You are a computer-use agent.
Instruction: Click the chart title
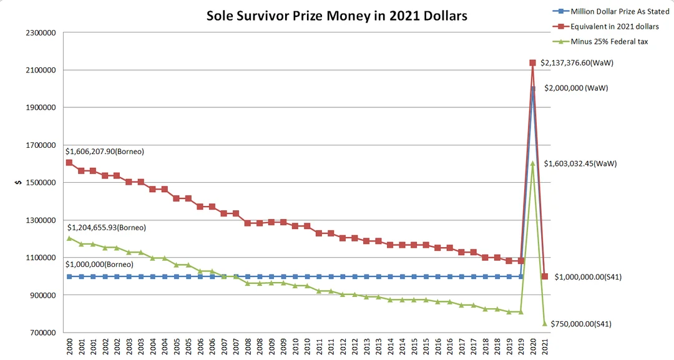pyautogui.click(x=337, y=16)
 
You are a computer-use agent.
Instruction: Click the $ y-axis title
pyautogui.click(x=18, y=183)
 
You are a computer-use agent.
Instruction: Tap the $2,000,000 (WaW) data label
pyautogui.click(x=576, y=88)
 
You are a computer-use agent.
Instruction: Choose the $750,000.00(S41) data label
pyautogui.click(x=581, y=324)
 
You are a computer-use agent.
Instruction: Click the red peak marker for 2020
pyautogui.click(x=533, y=62)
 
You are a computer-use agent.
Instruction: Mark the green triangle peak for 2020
pyautogui.click(x=533, y=163)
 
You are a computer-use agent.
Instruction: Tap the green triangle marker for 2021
pyautogui.click(x=545, y=323)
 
